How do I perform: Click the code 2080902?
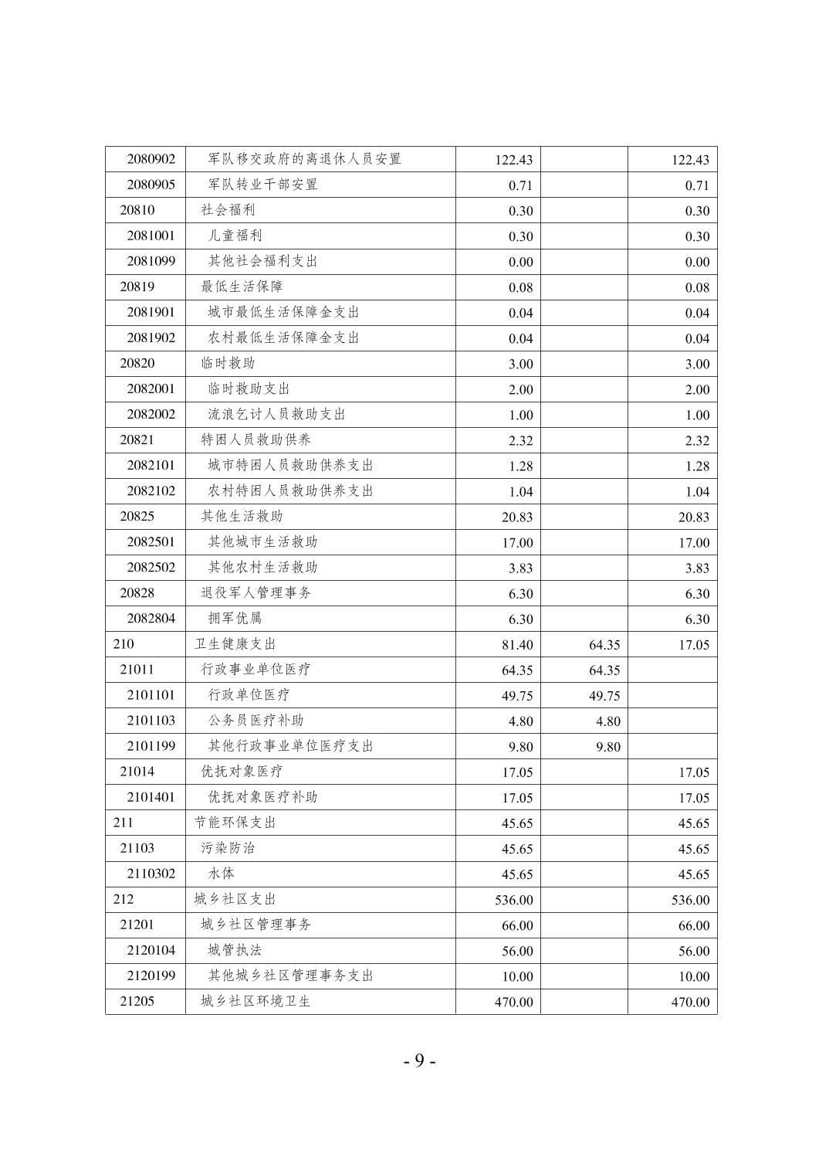[151, 159]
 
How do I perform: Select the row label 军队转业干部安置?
[262, 185]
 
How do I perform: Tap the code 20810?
[137, 210]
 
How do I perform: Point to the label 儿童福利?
[235, 236]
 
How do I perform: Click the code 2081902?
[151, 338]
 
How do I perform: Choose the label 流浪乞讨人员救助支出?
[276, 414]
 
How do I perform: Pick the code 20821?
[137, 439]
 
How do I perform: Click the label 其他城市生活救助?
[262, 541]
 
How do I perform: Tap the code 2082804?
[151, 618]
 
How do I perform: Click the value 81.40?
[516, 645]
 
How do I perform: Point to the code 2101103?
[151, 720]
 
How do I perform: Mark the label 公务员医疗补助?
[255, 720]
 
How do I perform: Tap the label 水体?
[221, 873]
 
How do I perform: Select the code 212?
[123, 898]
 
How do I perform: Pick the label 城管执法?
[235, 949]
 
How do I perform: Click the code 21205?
[137, 1000]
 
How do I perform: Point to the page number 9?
[419, 1060]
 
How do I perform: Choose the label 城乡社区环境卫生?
[255, 1000]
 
